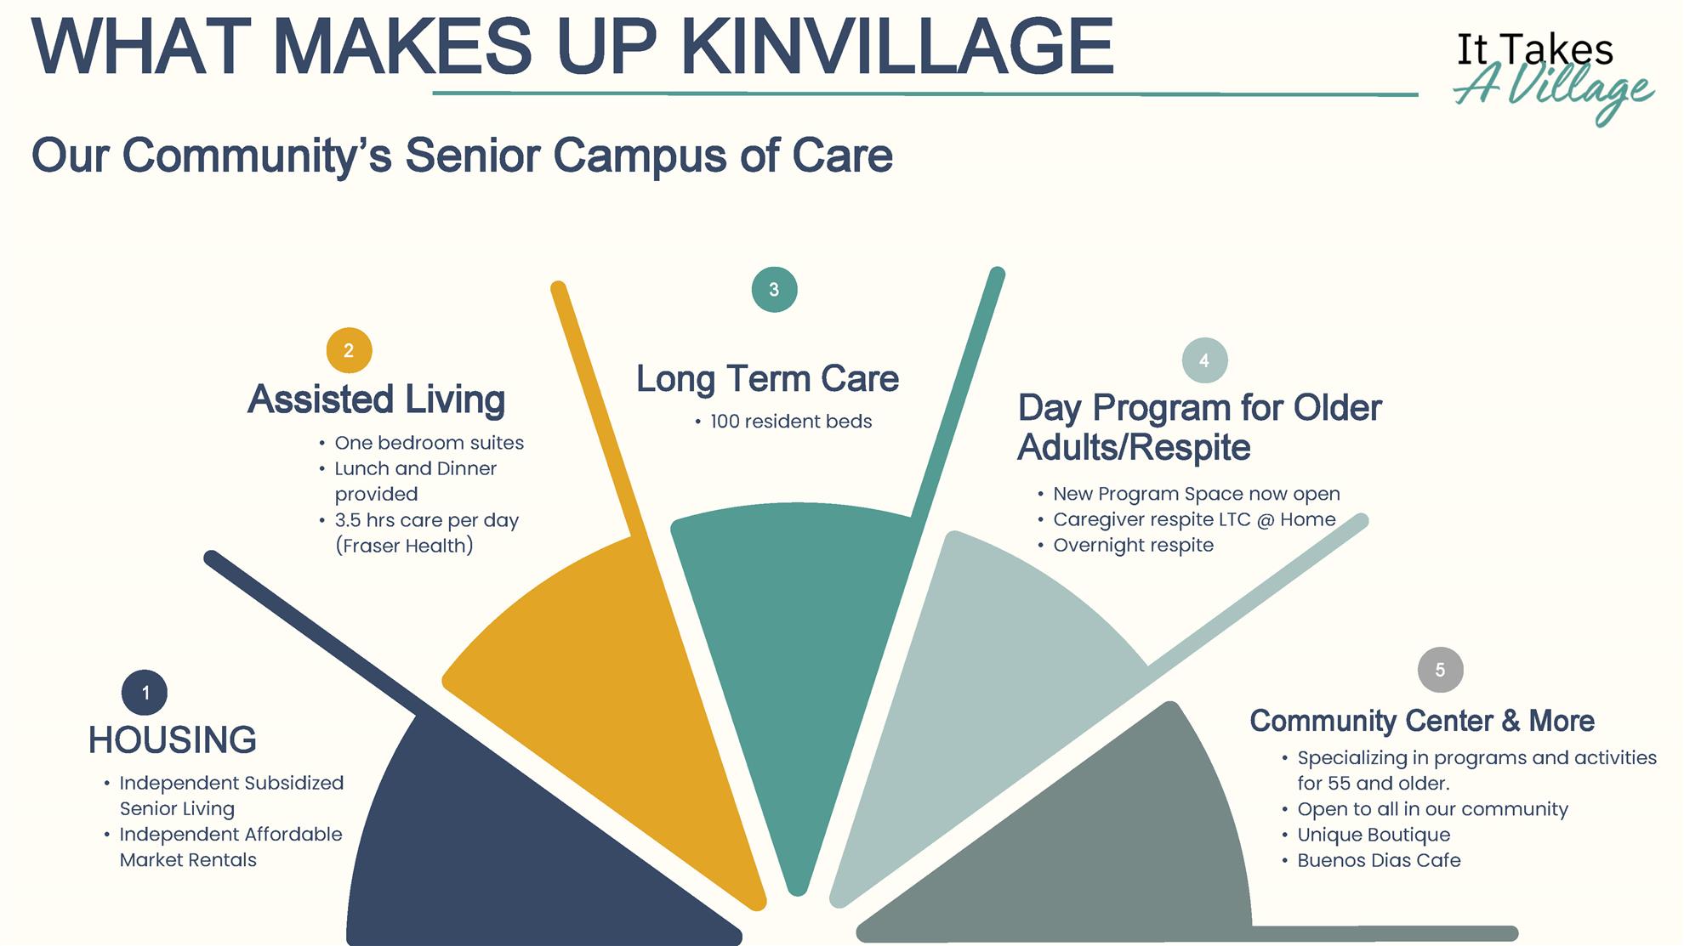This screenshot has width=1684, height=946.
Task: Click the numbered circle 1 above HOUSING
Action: point(145,693)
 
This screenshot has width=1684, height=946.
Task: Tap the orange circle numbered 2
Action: point(349,350)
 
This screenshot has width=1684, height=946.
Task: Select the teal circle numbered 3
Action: point(774,290)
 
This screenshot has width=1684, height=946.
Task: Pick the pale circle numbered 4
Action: point(1204,360)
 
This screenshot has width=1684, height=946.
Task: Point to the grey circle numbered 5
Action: point(1440,670)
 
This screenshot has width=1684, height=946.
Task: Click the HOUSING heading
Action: point(173,740)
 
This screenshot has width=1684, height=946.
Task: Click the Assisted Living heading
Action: point(377,399)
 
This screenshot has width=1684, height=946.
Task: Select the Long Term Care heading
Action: point(767,379)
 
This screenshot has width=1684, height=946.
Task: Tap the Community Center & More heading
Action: point(1422,721)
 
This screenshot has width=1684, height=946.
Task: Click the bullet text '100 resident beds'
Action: point(791,422)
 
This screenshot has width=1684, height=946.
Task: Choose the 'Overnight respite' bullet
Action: point(1133,546)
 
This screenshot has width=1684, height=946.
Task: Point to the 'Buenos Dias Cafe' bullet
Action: point(1379,861)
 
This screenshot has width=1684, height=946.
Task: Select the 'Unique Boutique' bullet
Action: point(1374,836)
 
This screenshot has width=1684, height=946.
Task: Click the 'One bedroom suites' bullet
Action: point(429,443)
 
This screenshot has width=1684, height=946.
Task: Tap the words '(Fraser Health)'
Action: point(404,546)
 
